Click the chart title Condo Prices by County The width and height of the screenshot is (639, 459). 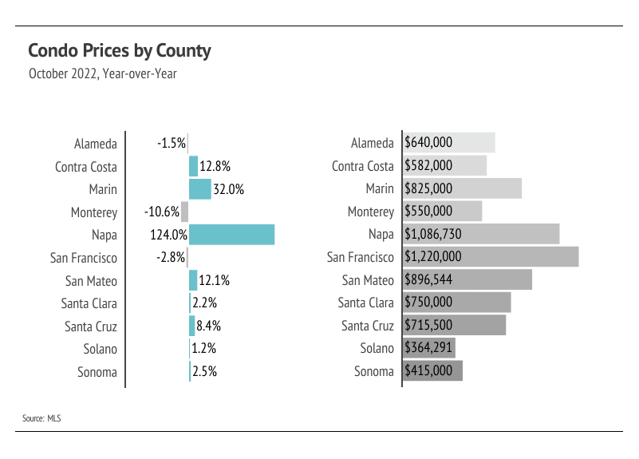(x=120, y=51)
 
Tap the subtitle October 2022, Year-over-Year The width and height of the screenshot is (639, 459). (x=102, y=74)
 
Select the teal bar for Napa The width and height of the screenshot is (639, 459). (x=231, y=235)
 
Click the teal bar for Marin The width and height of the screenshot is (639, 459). (x=199, y=189)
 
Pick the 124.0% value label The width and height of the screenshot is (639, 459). (x=168, y=235)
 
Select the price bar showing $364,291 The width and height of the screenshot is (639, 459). (x=447, y=349)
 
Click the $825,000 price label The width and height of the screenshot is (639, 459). (x=429, y=189)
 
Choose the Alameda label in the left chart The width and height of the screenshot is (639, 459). (x=96, y=144)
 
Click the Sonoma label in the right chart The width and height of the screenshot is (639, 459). (x=374, y=371)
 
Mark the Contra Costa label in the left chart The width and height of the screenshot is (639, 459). (x=86, y=167)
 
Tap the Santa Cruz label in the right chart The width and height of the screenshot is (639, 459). (x=368, y=326)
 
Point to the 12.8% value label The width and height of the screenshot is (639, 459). (x=215, y=167)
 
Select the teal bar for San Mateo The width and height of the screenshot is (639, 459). (x=193, y=280)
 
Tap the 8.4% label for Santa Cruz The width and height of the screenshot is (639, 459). (x=208, y=326)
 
